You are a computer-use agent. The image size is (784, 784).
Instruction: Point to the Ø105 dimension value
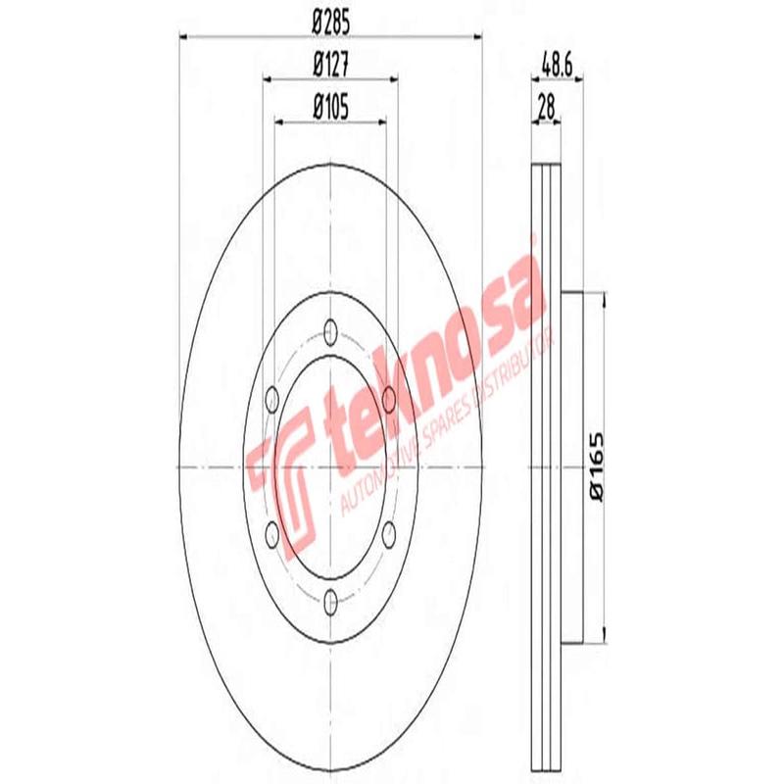331,105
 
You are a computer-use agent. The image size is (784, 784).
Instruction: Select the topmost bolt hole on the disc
330,330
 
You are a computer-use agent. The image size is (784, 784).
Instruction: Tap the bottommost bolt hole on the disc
330,601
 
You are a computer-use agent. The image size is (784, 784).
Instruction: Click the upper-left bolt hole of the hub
272,399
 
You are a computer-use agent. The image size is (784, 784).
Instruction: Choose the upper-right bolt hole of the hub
389,399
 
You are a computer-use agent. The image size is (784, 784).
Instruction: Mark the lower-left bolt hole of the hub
272,533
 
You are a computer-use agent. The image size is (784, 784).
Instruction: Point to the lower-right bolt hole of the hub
389,533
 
